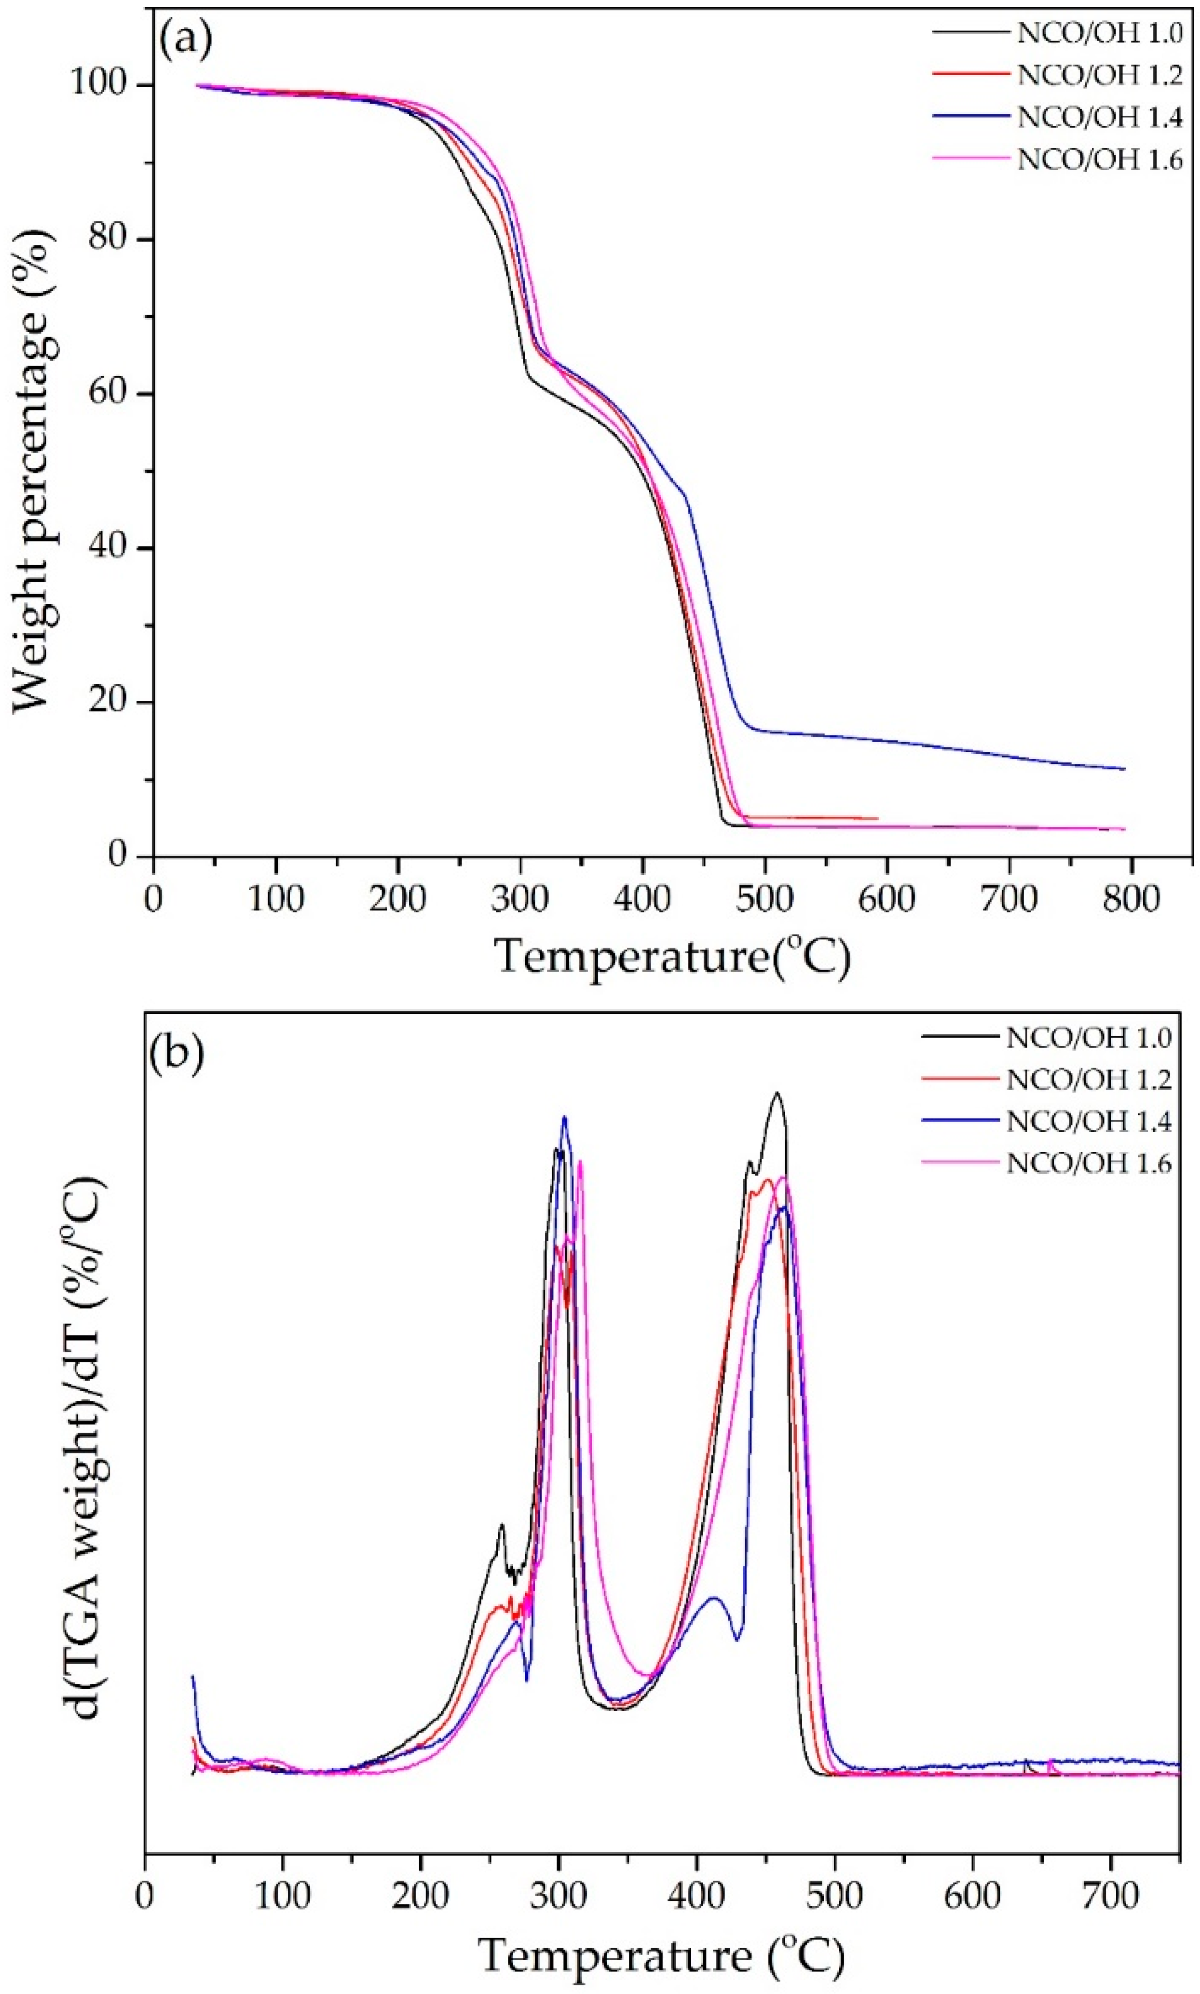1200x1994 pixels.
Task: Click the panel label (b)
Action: (176, 1057)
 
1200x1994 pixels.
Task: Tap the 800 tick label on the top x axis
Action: (1131, 900)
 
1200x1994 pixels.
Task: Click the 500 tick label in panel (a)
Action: (764, 900)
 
